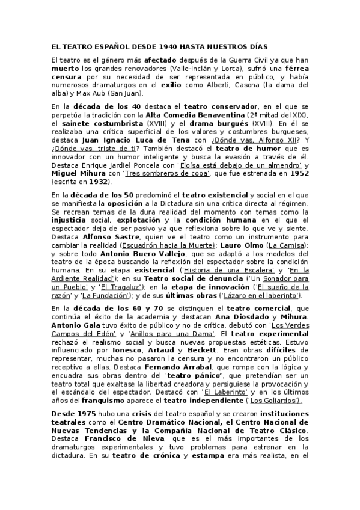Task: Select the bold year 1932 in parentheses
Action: pyautogui.click(x=99, y=182)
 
